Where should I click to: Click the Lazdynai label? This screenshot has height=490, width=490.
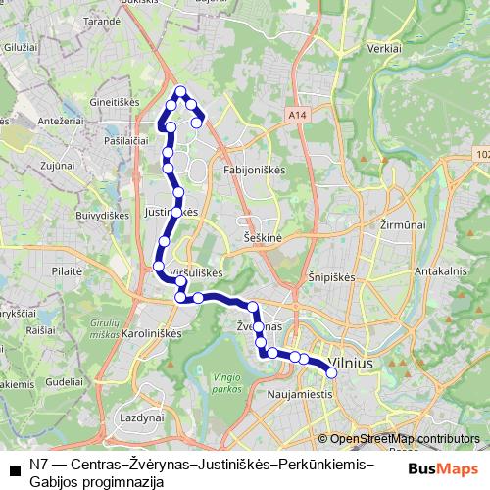click(x=138, y=416)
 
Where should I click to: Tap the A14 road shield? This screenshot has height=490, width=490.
click(x=298, y=115)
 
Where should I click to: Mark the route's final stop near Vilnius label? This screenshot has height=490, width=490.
click(x=331, y=373)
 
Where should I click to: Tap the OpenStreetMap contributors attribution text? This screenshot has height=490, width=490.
click(x=405, y=439)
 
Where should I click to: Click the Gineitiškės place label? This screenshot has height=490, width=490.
click(x=117, y=101)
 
